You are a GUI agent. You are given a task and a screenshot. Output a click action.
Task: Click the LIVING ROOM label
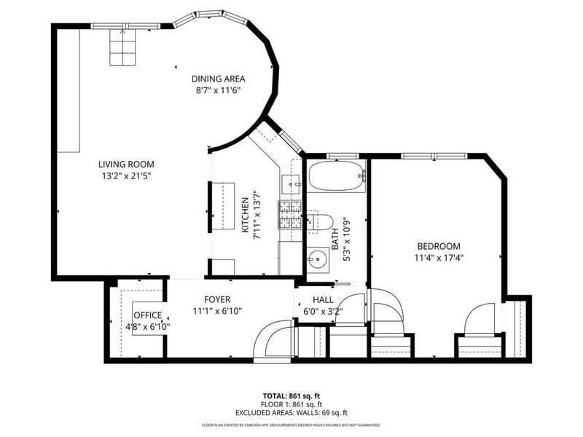(x=126, y=165)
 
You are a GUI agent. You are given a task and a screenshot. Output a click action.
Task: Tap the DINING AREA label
(x=218, y=79)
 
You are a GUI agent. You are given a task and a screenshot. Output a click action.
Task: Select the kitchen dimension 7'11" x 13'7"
(x=257, y=215)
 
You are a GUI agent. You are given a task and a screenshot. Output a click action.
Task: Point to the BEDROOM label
(x=439, y=246)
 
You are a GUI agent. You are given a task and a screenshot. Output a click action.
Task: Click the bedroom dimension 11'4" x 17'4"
(x=439, y=258)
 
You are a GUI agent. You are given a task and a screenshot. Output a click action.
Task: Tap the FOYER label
(x=217, y=299)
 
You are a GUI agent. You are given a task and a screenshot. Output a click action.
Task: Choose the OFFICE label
(x=148, y=315)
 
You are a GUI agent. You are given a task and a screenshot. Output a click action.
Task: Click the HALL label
(x=323, y=300)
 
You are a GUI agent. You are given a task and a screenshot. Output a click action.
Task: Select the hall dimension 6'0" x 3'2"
(x=323, y=312)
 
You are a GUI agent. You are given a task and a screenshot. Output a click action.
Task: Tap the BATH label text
(x=335, y=239)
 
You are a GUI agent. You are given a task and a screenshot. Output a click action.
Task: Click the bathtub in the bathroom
(x=337, y=176)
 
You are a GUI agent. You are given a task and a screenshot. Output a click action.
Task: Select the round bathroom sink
(x=318, y=258)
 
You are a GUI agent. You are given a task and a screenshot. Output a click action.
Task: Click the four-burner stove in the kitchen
(x=290, y=215)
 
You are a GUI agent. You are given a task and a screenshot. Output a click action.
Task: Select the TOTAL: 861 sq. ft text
(x=291, y=395)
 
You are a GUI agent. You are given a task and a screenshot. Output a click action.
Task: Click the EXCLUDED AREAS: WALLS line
(x=291, y=413)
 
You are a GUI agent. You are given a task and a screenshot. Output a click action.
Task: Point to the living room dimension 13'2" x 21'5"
(x=126, y=176)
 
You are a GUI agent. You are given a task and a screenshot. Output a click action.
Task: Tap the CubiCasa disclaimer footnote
(x=291, y=425)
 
